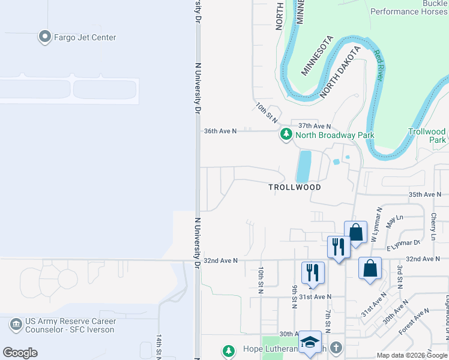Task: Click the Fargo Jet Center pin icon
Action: [x=44, y=37]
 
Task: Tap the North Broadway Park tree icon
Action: [x=286, y=135]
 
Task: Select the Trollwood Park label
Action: [x=427, y=135]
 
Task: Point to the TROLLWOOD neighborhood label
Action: [x=294, y=187]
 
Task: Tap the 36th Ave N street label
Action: [x=220, y=130]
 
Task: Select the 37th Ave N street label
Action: [x=315, y=126]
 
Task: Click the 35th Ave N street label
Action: [x=424, y=194]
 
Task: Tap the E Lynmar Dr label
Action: [x=403, y=244]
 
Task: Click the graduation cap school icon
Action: [x=310, y=342]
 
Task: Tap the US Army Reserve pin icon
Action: [x=16, y=325]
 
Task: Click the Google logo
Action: [x=20, y=353]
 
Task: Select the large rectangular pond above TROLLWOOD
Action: [x=304, y=166]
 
